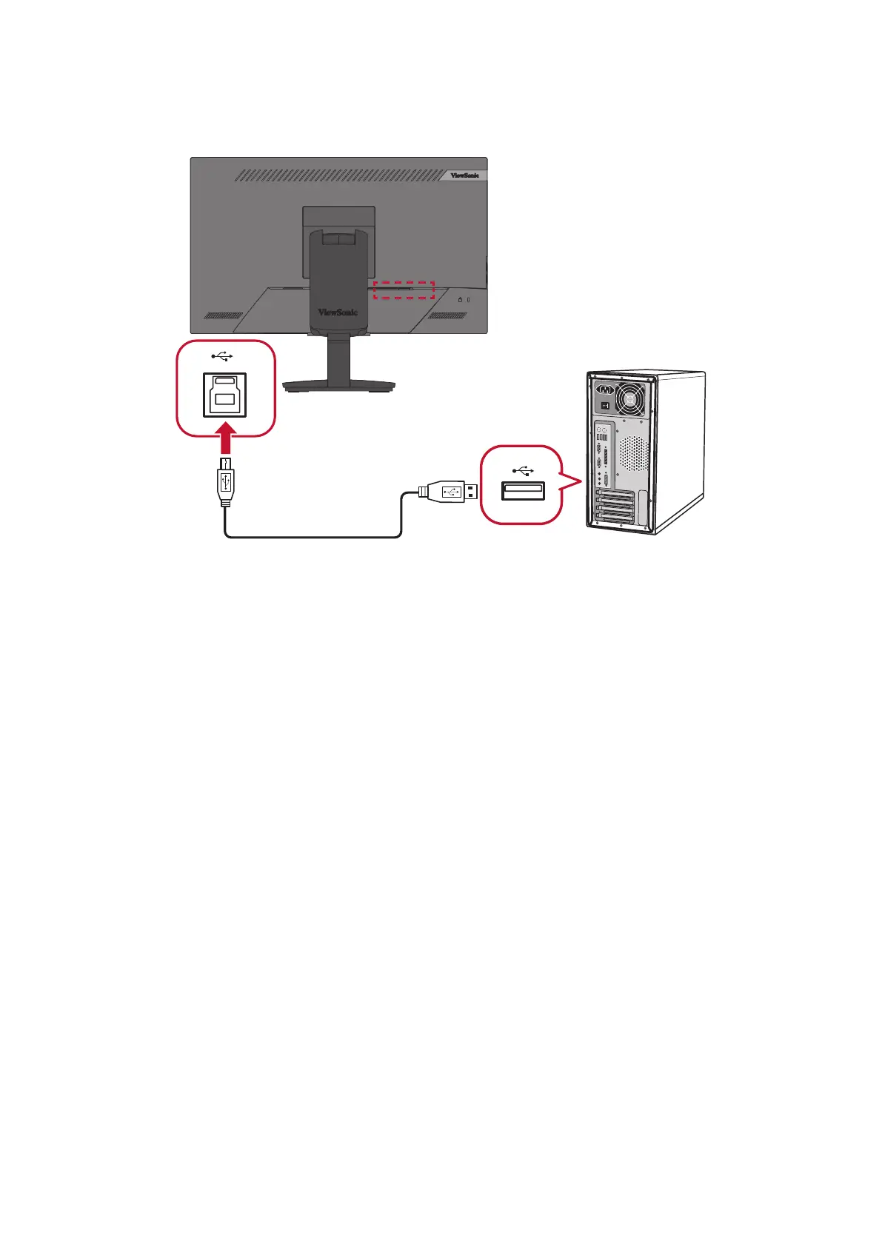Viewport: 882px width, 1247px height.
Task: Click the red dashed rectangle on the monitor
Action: tap(404, 290)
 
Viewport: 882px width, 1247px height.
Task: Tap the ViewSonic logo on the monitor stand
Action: tap(338, 312)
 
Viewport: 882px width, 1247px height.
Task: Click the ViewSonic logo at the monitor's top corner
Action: tap(464, 175)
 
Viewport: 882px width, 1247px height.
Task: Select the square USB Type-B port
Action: tap(225, 395)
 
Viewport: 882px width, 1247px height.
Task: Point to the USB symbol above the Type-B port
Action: tap(221, 358)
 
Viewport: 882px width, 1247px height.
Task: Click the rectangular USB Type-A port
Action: tap(523, 490)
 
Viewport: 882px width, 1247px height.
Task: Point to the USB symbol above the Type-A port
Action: tap(523, 470)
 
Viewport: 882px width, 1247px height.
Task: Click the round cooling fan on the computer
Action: tap(629, 401)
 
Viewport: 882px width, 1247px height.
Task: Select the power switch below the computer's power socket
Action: tap(605, 406)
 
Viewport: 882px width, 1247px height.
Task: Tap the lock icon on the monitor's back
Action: tap(460, 300)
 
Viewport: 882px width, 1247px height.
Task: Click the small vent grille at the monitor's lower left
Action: tap(223, 315)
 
